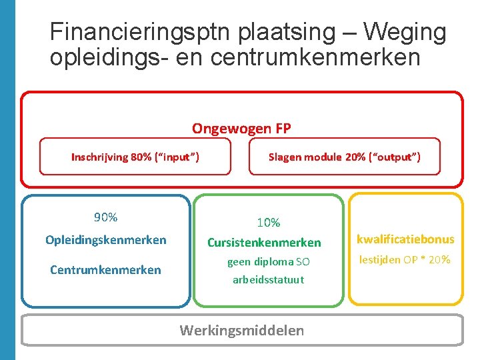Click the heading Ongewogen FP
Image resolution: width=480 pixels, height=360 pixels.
tap(241, 128)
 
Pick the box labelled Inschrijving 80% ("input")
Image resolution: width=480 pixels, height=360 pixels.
tap(135, 157)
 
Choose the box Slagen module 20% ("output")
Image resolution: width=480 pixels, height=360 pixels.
tap(344, 157)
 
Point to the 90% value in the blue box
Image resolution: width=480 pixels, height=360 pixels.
tap(105, 217)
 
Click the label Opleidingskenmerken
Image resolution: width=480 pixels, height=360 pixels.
tap(105, 240)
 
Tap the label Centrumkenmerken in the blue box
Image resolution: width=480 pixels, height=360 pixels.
tap(105, 269)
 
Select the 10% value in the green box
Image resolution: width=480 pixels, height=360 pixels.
tap(269, 223)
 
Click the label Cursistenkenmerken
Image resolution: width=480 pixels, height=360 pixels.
tap(264, 243)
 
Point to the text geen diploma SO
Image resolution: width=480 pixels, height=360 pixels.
tap(268, 262)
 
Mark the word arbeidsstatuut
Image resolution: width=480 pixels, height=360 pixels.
tap(268, 280)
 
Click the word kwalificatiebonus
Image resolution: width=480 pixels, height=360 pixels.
tap(405, 239)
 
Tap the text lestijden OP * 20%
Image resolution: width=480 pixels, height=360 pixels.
tap(405, 260)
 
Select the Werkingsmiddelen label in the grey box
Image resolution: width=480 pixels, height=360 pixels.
tap(242, 330)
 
